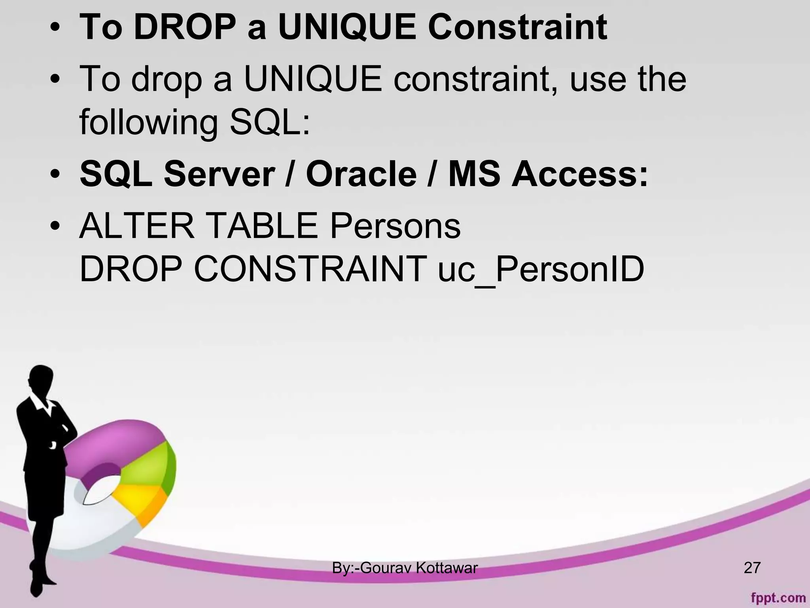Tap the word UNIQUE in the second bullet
[313, 79]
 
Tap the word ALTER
[137, 226]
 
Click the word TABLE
[262, 226]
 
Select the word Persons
[395, 226]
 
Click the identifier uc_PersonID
[541, 270]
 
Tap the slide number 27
[752, 568]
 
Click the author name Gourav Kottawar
[419, 568]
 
